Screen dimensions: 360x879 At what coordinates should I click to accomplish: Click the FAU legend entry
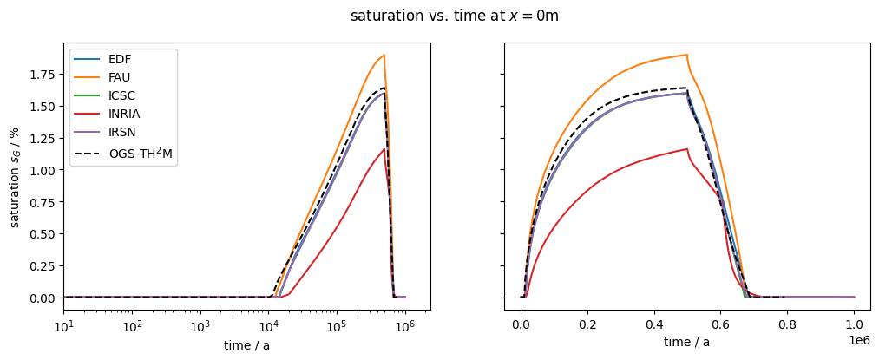click(120, 79)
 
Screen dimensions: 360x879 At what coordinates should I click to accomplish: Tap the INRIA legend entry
click(124, 117)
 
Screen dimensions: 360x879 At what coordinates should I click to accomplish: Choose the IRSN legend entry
click(121, 136)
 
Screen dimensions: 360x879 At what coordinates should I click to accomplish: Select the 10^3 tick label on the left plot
click(200, 327)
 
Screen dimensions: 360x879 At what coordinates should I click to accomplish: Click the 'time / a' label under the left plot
click(246, 345)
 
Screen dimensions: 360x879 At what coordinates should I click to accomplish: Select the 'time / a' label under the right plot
click(687, 342)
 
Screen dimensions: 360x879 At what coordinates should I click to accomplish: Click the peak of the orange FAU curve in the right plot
click(687, 55)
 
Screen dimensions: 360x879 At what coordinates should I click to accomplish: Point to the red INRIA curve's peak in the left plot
click(384, 148)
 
